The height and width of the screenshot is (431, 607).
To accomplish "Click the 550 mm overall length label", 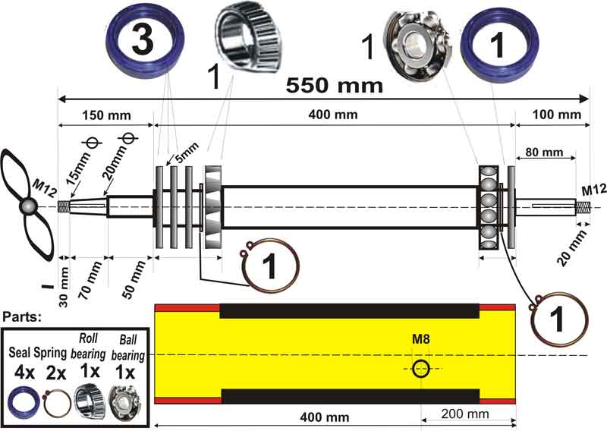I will [x=334, y=86].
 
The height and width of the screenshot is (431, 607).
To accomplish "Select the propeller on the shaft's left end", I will [x=28, y=206].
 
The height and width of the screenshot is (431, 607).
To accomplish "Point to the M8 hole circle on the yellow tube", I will [x=422, y=369].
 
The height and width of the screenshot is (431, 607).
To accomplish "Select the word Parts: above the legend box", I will [x=22, y=315].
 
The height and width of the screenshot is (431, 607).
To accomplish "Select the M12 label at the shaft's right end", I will [x=593, y=190].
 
